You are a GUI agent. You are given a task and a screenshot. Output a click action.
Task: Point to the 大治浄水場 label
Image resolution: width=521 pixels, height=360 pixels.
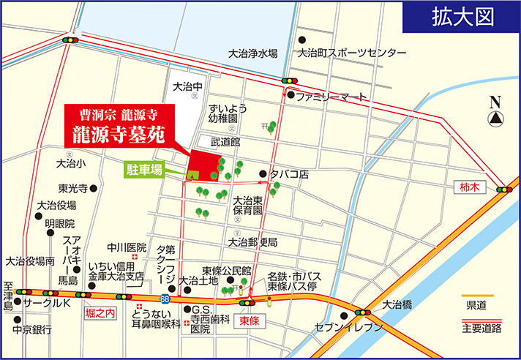(x=252, y=53)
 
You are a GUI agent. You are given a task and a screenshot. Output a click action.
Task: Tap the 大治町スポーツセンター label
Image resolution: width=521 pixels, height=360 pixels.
(x=351, y=53)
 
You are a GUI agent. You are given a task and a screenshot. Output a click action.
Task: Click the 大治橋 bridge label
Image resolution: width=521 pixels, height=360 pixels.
(x=397, y=303)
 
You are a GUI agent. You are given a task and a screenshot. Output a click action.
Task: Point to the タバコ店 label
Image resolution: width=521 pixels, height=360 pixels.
(x=290, y=174)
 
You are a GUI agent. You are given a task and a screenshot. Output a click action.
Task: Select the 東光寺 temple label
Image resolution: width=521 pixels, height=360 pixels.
(x=73, y=188)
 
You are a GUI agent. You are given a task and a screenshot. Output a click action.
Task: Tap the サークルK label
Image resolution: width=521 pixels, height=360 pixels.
(x=45, y=302)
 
